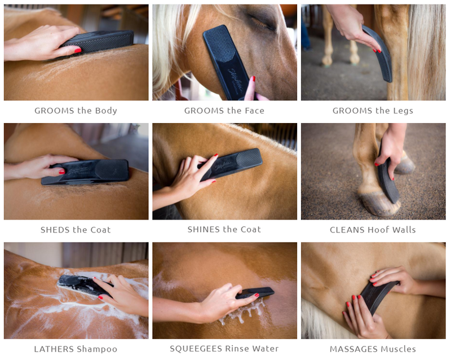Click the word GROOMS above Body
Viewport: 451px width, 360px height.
(x=54, y=111)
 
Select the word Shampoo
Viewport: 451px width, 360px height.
(x=97, y=349)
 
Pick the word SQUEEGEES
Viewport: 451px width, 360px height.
(x=196, y=349)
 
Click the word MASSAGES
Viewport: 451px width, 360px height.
(x=349, y=349)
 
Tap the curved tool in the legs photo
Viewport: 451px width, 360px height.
(x=379, y=54)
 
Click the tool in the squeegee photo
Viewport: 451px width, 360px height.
(x=255, y=293)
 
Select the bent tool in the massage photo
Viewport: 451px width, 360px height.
(x=377, y=297)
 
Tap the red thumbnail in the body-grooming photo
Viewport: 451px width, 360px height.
(x=78, y=51)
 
